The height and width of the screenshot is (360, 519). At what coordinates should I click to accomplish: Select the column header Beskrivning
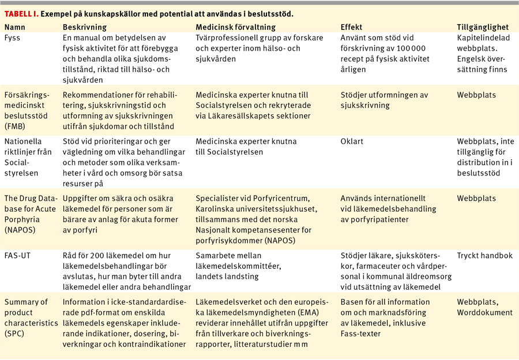click(x=85, y=27)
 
